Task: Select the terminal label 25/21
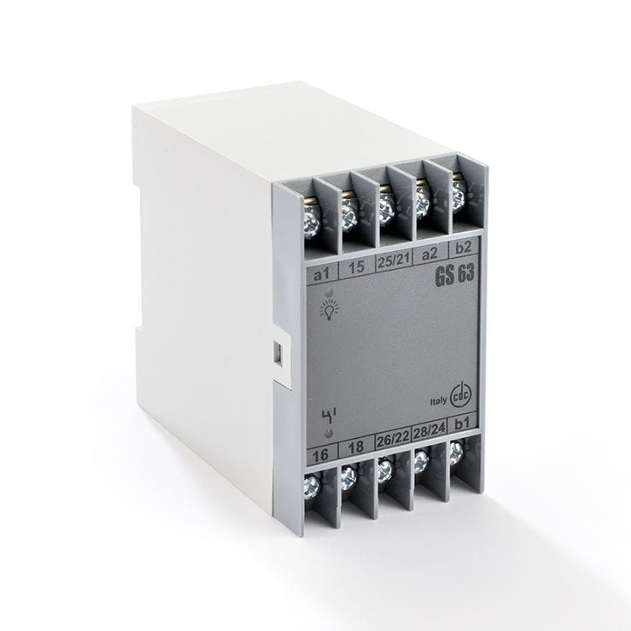(393, 262)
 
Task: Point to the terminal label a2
(429, 254)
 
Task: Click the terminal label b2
(464, 249)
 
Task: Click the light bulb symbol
(329, 310)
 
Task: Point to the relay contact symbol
(328, 415)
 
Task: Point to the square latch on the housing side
(278, 353)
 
